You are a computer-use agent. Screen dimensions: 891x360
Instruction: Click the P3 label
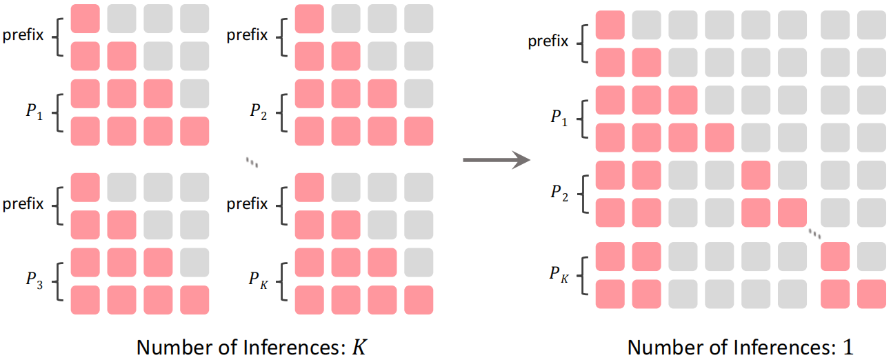click(34, 280)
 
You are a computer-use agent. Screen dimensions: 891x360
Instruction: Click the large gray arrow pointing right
click(497, 160)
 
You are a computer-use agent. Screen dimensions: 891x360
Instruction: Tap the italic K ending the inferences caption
click(359, 348)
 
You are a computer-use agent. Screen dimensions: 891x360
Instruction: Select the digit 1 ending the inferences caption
click(848, 348)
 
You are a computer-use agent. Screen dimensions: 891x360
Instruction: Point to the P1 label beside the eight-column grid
click(559, 118)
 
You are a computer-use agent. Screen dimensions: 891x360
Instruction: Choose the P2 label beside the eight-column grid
click(559, 193)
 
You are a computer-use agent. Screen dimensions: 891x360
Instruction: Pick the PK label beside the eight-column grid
click(559, 274)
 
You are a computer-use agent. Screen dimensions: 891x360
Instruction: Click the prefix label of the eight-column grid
click(548, 41)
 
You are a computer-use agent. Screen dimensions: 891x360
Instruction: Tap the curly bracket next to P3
click(58, 281)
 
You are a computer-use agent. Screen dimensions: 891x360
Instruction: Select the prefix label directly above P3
click(23, 203)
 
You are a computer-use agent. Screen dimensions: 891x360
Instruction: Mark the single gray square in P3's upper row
click(194, 263)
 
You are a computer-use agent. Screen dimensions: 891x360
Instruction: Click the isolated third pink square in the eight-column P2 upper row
click(756, 175)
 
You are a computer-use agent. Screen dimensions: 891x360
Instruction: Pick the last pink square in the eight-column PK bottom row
click(872, 294)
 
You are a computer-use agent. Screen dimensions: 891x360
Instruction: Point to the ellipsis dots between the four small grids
click(252, 162)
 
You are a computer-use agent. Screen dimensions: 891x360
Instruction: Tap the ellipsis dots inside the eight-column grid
click(814, 234)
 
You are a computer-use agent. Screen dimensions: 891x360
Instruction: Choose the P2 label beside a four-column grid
click(259, 112)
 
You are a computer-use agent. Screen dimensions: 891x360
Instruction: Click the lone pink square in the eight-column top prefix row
click(610, 25)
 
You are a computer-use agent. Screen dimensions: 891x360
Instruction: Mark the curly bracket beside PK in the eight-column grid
click(583, 276)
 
